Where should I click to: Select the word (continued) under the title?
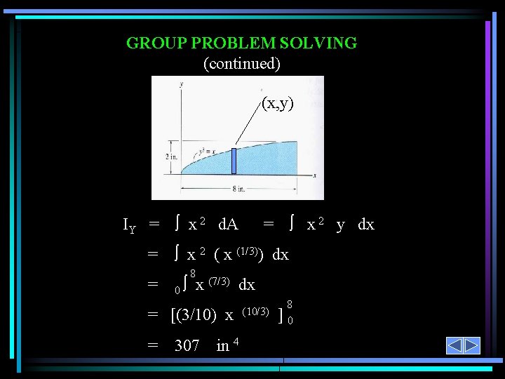pyautogui.click(x=241, y=64)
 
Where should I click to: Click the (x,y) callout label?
pyautogui.click(x=277, y=104)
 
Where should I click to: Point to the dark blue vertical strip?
pyautogui.click(x=234, y=161)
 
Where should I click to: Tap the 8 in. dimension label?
pyautogui.click(x=238, y=187)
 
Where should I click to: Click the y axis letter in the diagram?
pyautogui.click(x=181, y=84)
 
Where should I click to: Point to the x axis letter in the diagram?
pyautogui.click(x=316, y=175)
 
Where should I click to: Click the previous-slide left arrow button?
pyautogui.click(x=454, y=346)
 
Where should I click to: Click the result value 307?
pyautogui.click(x=187, y=346)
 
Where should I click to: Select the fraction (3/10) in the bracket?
pyautogui.click(x=197, y=315)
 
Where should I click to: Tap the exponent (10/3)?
pyautogui.click(x=255, y=310)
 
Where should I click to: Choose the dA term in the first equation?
pyautogui.click(x=228, y=225)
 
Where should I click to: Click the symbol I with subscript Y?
pyautogui.click(x=129, y=226)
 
